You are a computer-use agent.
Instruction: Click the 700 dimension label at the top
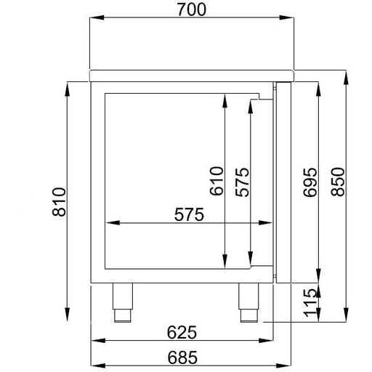(x=192, y=9)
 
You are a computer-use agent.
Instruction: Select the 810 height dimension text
(x=59, y=201)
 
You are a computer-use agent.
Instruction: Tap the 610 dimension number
(x=217, y=181)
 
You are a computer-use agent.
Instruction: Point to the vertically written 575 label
(x=242, y=182)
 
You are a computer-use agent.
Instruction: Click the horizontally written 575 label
(x=189, y=214)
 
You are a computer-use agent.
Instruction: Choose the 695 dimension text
(x=310, y=182)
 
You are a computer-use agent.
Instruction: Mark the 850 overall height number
(x=338, y=182)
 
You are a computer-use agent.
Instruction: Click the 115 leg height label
(x=310, y=303)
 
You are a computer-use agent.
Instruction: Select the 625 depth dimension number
(x=182, y=333)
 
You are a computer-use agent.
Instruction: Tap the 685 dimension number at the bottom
(x=182, y=357)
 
